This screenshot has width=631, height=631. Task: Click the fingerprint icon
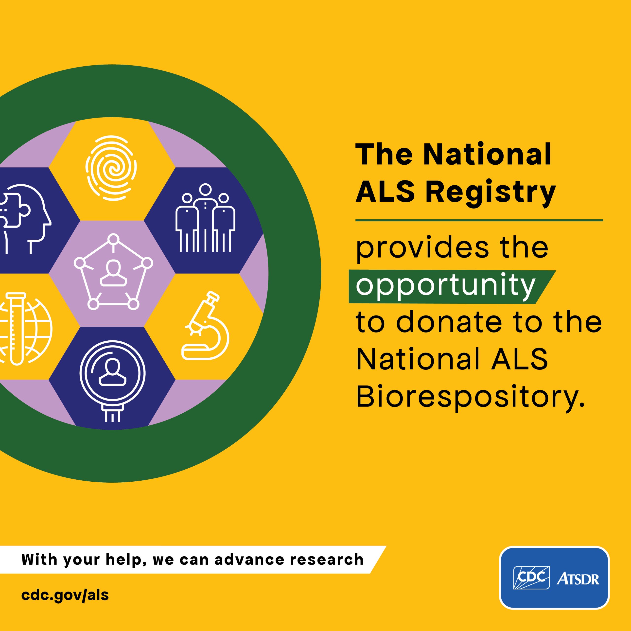pos(111,168)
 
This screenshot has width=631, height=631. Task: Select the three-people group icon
pos(205,218)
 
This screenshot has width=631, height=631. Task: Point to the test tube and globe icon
pos(24,328)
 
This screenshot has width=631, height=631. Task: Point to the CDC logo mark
pos(531,578)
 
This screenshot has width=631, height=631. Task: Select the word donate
pos(449,322)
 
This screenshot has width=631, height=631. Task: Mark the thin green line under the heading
pos(479,220)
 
